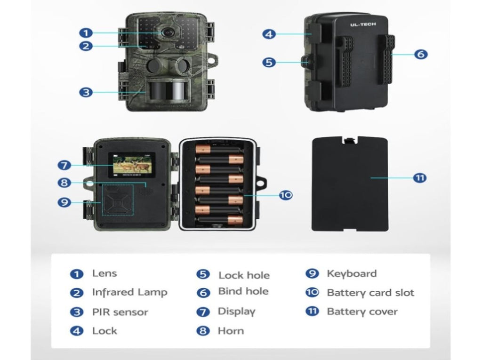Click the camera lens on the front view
[x=167, y=32]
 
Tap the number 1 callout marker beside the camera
[x=86, y=33]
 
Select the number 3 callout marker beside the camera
[x=86, y=92]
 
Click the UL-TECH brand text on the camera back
[x=363, y=24]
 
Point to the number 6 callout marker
[x=421, y=54]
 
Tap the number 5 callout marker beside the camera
[x=269, y=62]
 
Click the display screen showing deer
[x=132, y=166]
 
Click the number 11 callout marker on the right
[x=420, y=178]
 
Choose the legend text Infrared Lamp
[x=129, y=293]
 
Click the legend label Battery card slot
[x=370, y=293]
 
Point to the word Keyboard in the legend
[x=352, y=274]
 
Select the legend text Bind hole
[x=243, y=292]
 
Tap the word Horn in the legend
[x=231, y=331]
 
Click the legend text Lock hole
[x=244, y=275]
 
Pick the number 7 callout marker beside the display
[x=64, y=166]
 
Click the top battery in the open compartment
[x=219, y=150]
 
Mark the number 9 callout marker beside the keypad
[x=64, y=202]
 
